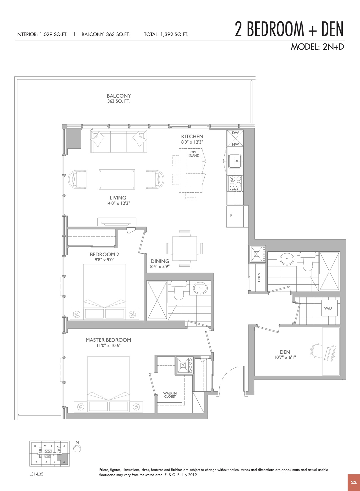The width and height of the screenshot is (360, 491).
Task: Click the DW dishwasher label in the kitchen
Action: click(235, 133)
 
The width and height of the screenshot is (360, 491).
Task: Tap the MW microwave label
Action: click(235, 144)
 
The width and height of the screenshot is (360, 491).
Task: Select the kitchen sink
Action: click(235, 161)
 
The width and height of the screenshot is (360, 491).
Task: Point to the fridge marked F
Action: click(234, 216)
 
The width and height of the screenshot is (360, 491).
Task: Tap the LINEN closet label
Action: click(259, 277)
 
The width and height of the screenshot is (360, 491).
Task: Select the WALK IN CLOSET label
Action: click(170, 395)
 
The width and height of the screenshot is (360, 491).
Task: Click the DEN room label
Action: click(285, 352)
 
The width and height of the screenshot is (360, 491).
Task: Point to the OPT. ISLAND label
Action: click(194, 154)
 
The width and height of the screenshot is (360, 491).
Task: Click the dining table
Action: click(185, 248)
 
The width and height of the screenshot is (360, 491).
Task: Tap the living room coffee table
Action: click(117, 179)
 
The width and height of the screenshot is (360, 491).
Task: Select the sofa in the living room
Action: click(119, 141)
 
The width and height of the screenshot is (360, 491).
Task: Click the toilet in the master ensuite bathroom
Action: click(179, 290)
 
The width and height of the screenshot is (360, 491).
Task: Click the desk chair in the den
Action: click(317, 350)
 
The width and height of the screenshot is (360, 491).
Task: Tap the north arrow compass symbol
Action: click(77, 448)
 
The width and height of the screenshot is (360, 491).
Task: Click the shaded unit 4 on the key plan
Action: click(63, 459)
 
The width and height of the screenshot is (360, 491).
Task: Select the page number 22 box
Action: click(354, 483)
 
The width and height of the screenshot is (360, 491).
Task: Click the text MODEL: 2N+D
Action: click(317, 47)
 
